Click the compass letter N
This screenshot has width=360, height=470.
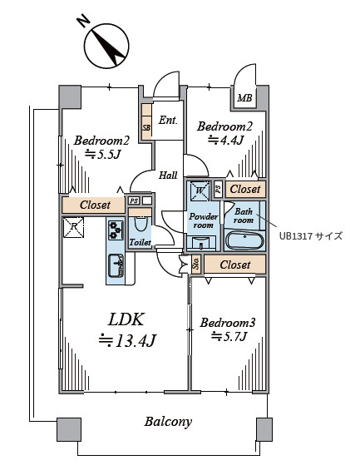pyautogui.click(x=84, y=21)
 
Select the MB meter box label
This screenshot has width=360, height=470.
pyautogui.click(x=244, y=98)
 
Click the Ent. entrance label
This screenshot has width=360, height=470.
pyautogui.click(x=168, y=121)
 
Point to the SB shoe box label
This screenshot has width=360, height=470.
pyautogui.click(x=146, y=127)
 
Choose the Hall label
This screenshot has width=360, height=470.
pyautogui.click(x=168, y=176)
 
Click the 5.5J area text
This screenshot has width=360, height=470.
pyautogui.click(x=102, y=155)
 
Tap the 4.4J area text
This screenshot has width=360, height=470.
pyautogui.click(x=225, y=140)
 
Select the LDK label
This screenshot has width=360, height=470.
pyautogui.click(x=126, y=319)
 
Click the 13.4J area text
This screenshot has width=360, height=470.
pyautogui.click(x=127, y=341)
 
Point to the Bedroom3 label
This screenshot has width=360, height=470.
pyautogui.click(x=228, y=323)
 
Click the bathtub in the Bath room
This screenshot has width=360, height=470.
pyautogui.click(x=244, y=240)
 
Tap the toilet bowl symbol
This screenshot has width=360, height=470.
pyautogui.click(x=141, y=224)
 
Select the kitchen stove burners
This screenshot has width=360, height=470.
pyautogui.click(x=116, y=230)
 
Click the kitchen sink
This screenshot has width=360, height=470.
pyautogui.click(x=116, y=265)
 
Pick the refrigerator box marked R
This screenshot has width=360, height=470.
pyautogui.click(x=73, y=227)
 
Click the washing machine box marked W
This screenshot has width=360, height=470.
pyautogui.click(x=200, y=190)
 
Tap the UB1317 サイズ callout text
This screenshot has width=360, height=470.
pyautogui.click(x=311, y=236)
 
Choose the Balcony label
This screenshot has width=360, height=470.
pyautogui.click(x=168, y=422)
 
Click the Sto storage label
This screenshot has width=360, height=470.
pyautogui.click(x=196, y=264)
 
